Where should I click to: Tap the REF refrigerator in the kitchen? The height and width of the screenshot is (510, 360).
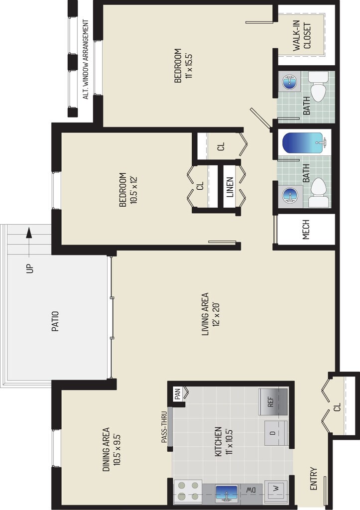pyautogui.click(x=273, y=401)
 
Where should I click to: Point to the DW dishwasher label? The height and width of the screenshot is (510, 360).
pyautogui.click(x=250, y=490)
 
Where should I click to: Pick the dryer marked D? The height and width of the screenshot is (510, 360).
pyautogui.click(x=273, y=432)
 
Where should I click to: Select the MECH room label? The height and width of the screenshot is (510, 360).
pyautogui.click(x=306, y=230)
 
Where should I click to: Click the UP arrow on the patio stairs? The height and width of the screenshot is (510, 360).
pyautogui.click(x=28, y=234)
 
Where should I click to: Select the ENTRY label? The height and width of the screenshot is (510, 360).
pyautogui.click(x=313, y=478)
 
